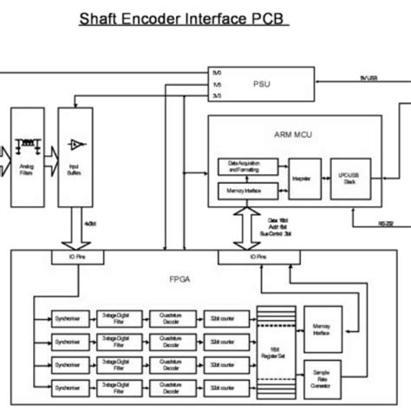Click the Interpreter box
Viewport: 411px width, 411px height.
(x=304, y=176)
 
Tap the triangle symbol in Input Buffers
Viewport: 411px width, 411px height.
(x=77, y=140)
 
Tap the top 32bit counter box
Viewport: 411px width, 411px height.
(x=228, y=318)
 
